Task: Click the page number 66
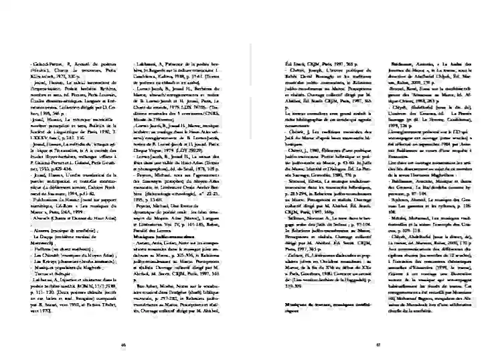click(x=123, y=346)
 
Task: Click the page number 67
click(x=378, y=346)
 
